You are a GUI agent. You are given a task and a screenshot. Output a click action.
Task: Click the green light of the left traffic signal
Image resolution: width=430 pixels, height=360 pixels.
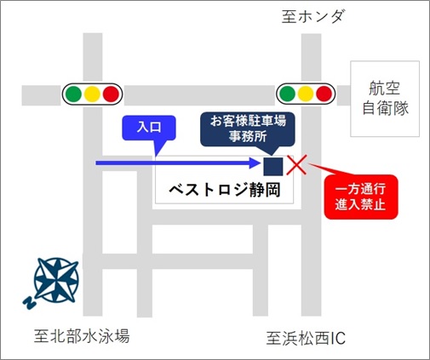(73, 94)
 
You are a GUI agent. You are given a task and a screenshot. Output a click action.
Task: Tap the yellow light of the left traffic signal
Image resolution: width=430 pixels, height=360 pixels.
(92, 94)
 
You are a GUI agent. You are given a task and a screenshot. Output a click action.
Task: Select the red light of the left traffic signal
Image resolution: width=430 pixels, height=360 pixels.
(111, 94)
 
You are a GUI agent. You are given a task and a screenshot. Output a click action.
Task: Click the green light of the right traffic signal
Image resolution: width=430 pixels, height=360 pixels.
(287, 94)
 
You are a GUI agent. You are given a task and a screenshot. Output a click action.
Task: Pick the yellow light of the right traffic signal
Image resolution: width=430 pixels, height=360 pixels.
(306, 94)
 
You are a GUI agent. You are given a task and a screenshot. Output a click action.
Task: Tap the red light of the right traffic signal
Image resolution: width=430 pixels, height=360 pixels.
(324, 94)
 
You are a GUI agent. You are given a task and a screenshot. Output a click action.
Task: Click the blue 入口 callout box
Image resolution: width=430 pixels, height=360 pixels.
(149, 128)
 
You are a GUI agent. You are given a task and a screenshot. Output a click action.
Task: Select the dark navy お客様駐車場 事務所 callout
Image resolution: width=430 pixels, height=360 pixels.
(248, 129)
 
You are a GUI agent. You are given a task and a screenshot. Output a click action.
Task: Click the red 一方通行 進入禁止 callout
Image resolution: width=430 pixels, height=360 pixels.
(361, 197)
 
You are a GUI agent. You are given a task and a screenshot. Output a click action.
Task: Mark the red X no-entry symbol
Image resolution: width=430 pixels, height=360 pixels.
(296, 165)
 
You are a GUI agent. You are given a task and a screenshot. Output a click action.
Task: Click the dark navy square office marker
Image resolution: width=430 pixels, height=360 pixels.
(273, 167)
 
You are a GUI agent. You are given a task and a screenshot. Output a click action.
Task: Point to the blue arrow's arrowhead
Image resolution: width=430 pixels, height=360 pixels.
(255, 163)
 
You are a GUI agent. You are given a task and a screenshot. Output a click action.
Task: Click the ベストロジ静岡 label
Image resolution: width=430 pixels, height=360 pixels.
(225, 190)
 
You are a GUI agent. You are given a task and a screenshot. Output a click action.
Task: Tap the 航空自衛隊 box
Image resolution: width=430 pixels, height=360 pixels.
(385, 99)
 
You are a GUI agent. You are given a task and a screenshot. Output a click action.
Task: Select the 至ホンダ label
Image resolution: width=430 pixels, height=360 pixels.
(313, 16)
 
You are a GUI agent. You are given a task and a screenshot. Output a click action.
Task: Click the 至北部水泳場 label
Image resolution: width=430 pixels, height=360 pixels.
(82, 336)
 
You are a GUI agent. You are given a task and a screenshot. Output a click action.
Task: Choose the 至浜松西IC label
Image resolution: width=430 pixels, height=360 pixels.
(306, 338)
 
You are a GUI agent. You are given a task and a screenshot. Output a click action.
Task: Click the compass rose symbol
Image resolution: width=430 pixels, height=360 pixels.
(56, 280)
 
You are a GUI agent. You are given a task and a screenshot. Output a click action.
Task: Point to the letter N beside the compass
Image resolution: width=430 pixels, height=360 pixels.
(29, 303)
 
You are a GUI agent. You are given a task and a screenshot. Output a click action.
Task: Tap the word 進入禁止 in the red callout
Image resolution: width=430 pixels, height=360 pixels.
(360, 204)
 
